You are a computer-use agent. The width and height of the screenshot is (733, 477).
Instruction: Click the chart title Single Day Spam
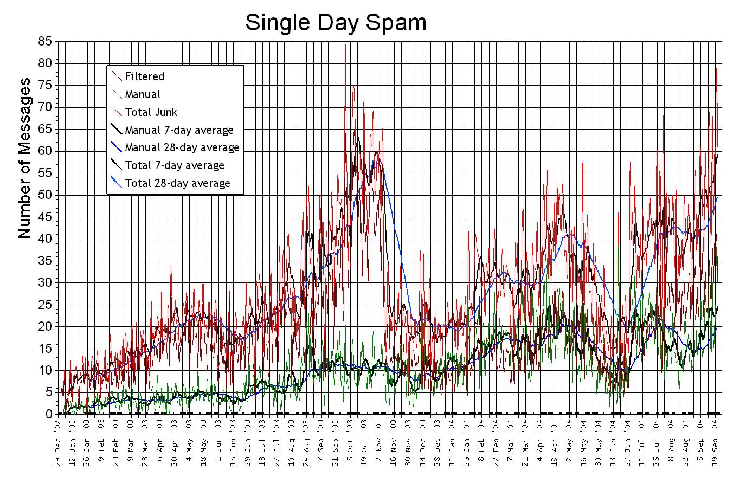pos(336,23)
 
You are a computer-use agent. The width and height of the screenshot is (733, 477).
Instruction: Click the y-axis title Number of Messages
pos(24,158)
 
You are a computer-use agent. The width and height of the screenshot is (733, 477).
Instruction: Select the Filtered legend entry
pos(144,76)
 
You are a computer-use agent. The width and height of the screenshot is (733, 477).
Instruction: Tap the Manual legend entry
pos(143,94)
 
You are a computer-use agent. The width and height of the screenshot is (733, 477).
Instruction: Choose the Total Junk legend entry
pos(151,112)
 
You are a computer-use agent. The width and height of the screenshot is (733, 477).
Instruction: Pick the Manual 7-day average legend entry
pos(179,130)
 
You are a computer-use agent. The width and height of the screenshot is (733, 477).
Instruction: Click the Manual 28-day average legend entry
pos(182,147)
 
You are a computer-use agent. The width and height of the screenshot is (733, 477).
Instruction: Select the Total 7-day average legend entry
pos(174,165)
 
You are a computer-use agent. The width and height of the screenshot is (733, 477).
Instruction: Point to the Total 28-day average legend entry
pos(177,183)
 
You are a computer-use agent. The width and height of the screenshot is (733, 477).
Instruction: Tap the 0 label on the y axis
pos(48,414)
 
